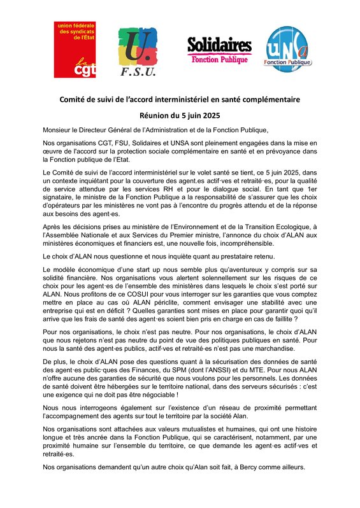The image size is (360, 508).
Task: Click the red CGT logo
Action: tap(75, 49)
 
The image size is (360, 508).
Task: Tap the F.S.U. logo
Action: tap(138, 53)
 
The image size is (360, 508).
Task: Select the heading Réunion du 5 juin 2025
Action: tap(180, 116)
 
